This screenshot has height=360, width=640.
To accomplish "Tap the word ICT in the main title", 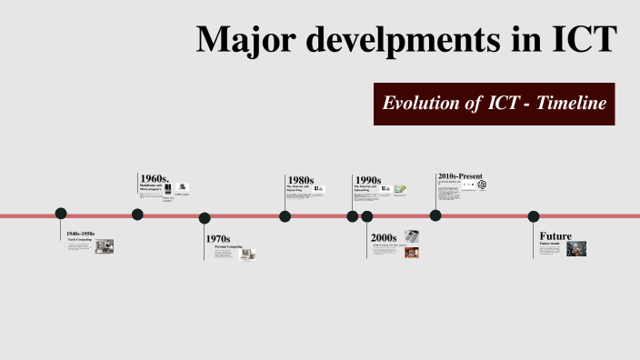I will coord(577,40).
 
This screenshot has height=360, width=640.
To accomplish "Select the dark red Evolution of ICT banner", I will coord(495,104).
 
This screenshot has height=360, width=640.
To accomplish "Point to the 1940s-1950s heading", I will coord(80,234).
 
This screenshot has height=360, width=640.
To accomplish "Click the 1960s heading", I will coord(155,178).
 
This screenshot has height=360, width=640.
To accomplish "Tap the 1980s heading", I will coord(300,180).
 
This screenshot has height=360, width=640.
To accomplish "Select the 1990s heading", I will coord(368,180).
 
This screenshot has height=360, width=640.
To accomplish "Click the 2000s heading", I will coord(384,237).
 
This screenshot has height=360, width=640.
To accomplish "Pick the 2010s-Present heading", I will coord(459,176).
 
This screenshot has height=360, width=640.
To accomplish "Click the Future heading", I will coord(555,236).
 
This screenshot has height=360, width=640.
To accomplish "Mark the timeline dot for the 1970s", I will coord(205,218).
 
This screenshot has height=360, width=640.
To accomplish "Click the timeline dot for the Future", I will coord(534,216).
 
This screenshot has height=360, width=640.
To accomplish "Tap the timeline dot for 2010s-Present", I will coord(435,215).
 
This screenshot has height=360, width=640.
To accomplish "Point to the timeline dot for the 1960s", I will coord(137,215).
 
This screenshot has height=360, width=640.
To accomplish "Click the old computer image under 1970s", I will coord(247,254).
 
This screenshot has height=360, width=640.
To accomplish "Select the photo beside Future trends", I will coord(575,248).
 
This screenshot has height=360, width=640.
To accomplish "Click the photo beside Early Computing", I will coord(105,245).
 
